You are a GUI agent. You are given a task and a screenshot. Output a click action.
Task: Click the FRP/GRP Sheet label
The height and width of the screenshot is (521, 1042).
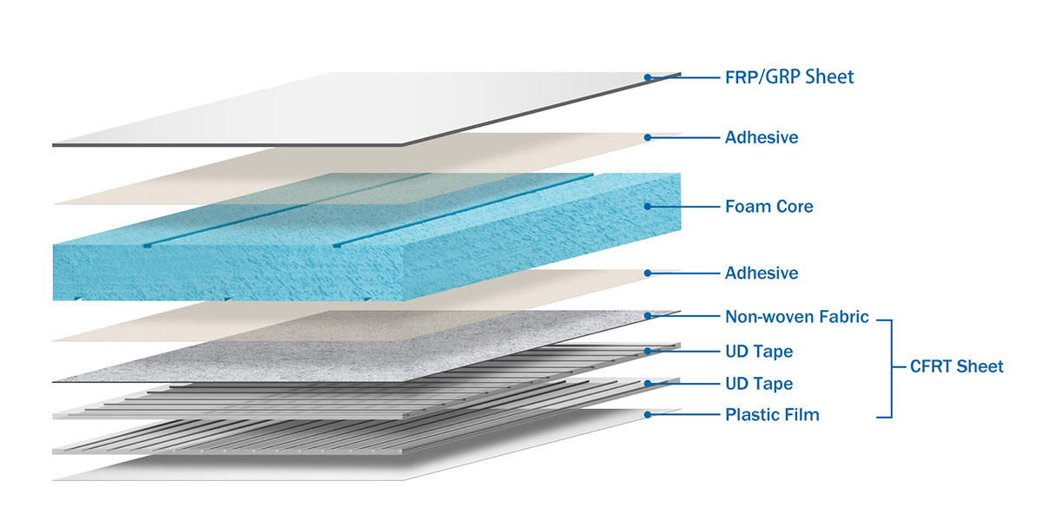click(789, 77)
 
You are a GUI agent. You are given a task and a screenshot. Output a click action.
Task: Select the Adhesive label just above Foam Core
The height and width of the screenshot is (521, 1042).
click(762, 137)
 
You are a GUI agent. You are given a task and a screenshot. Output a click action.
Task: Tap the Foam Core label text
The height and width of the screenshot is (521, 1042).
click(768, 207)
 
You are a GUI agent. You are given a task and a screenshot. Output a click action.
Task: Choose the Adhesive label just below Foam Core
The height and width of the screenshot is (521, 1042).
click(762, 273)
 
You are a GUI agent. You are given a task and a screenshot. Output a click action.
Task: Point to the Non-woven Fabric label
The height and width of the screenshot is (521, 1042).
click(796, 317)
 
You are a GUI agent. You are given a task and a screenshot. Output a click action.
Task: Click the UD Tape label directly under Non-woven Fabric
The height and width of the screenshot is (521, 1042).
click(758, 352)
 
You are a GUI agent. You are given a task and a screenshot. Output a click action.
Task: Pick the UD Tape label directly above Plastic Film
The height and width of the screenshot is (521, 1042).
click(758, 383)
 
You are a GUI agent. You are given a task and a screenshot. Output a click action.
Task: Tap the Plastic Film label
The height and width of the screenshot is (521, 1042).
click(772, 414)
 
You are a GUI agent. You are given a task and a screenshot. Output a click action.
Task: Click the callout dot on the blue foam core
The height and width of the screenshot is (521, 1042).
click(648, 207)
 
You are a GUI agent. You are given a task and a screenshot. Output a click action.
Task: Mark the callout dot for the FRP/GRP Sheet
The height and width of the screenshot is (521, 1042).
click(648, 77)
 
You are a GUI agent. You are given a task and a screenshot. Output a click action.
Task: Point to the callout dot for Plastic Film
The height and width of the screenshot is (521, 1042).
click(648, 414)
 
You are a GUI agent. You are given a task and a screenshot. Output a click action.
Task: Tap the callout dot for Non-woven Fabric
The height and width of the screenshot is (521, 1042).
click(648, 317)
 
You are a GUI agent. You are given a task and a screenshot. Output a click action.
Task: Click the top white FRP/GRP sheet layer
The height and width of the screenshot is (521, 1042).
click(347, 109)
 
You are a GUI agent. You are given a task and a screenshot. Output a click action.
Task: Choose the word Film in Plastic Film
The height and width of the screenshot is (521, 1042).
click(802, 414)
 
